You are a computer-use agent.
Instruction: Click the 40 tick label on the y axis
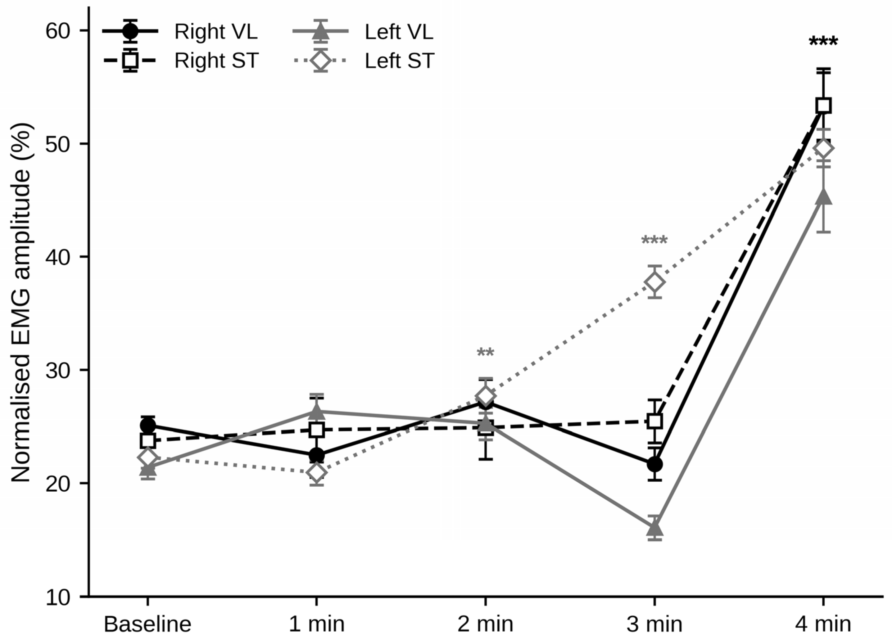[58, 257]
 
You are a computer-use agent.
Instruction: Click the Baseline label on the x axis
[147, 624]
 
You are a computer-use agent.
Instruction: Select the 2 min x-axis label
[485, 624]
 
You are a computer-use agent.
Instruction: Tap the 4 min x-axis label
[823, 624]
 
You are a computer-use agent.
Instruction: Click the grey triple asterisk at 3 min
[654, 240]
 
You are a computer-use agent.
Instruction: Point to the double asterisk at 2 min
[485, 353]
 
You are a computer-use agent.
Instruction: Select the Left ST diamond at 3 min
[654, 282]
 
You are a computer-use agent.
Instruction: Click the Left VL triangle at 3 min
[654, 528]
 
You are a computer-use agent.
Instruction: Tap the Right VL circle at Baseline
[147, 425]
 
